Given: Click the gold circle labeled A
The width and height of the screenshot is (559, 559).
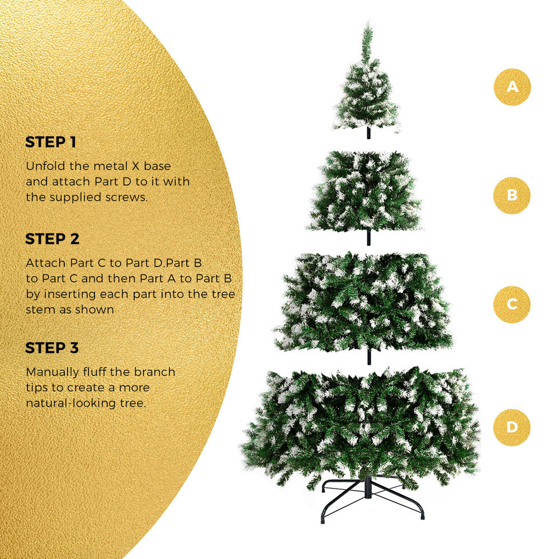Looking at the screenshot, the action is click(x=512, y=87).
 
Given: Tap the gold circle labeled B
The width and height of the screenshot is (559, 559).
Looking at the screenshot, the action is click(x=512, y=195).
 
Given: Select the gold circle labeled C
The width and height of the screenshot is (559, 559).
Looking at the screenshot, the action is click(x=512, y=305).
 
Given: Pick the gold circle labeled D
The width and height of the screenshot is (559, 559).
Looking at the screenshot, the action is click(x=512, y=428).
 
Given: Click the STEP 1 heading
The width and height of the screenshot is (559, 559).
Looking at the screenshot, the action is click(x=51, y=142).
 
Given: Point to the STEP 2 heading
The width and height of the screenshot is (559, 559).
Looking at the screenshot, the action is click(x=52, y=239).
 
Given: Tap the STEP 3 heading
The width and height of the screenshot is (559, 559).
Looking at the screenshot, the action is click(x=52, y=348).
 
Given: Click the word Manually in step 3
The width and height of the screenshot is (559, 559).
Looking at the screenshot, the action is click(x=53, y=372).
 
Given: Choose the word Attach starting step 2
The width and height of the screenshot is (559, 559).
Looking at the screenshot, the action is click(x=46, y=263).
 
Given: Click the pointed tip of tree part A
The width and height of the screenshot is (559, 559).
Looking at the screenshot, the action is click(x=367, y=23).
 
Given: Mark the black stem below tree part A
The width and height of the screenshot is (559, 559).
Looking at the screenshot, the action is click(x=368, y=133).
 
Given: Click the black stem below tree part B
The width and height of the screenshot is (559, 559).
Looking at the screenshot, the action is click(x=368, y=238).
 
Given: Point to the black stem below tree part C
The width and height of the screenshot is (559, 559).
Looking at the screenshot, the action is click(x=369, y=357).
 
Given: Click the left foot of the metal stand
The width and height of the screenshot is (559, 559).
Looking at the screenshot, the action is click(x=323, y=519).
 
